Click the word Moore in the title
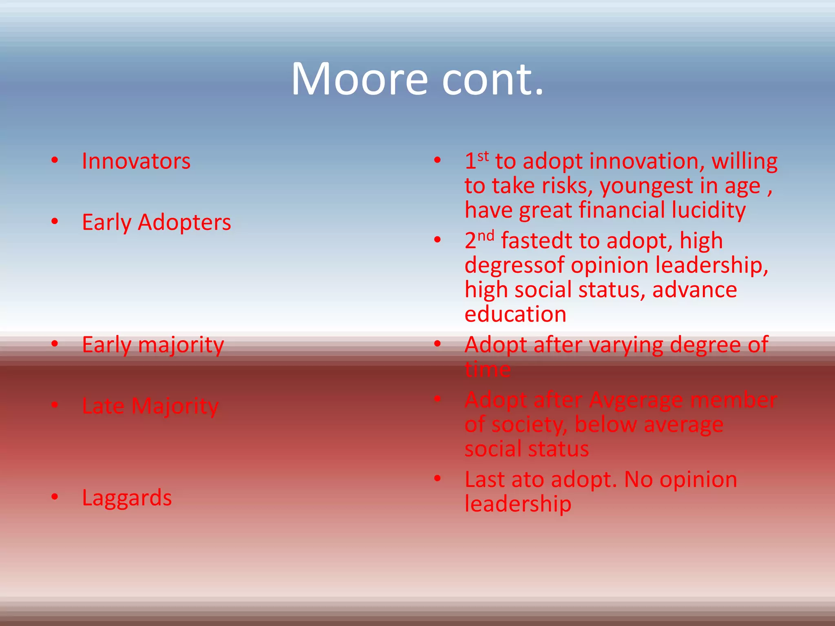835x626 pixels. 359,79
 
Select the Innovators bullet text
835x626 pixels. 136,161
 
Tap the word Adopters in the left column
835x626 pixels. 184,223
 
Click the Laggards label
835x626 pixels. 127,498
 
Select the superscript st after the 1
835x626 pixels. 483,156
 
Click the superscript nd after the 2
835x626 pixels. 486,236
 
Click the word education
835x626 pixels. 515,315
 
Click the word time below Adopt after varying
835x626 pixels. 488,370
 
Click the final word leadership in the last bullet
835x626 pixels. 518,505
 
